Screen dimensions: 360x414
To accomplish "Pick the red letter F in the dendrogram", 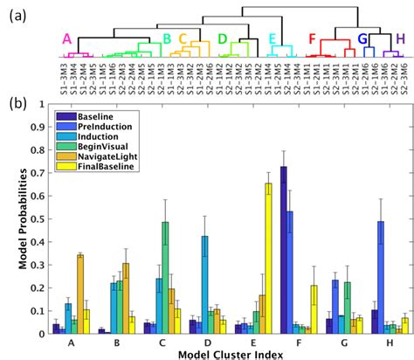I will tap(312, 39).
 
